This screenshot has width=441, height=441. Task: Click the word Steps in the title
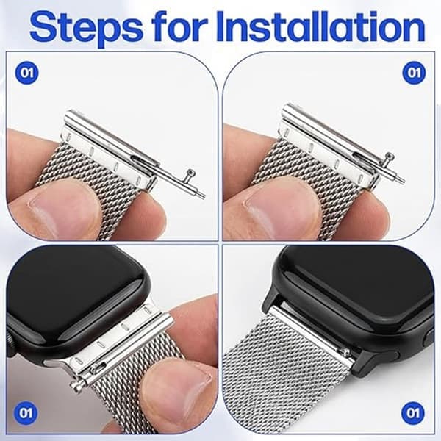click(86, 28)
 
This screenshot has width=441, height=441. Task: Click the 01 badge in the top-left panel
click(26, 73)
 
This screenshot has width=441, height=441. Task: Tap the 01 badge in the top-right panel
click(414, 73)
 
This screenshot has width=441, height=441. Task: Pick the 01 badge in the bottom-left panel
click(26, 413)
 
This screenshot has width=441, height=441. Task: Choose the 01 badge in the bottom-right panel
click(412, 413)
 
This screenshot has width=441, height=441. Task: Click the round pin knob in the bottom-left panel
click(76, 388)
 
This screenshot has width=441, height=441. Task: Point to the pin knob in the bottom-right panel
click(343, 351)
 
